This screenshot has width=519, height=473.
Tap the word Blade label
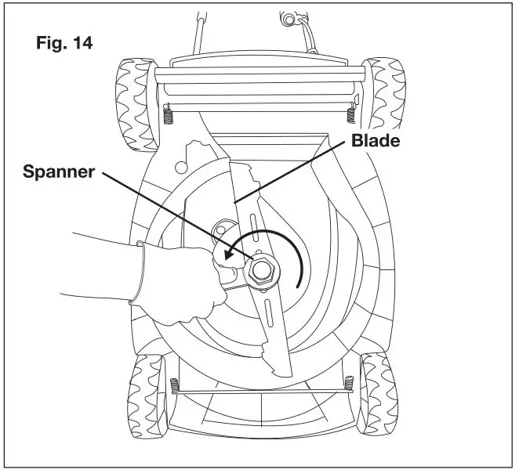tap(377, 142)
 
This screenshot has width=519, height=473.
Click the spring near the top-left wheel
tap(169, 114)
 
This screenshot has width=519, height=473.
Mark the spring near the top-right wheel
tap(350, 115)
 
